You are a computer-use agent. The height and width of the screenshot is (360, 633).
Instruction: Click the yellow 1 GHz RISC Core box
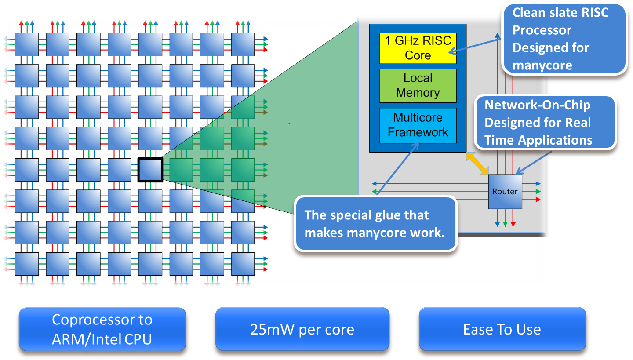click(x=418, y=48)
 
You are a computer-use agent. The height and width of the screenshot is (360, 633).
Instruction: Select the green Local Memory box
click(x=418, y=86)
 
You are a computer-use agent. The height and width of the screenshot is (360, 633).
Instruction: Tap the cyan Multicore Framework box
click(x=418, y=125)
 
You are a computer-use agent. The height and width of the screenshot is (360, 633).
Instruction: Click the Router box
click(x=505, y=192)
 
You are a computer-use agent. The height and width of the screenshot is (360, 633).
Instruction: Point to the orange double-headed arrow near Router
click(x=477, y=164)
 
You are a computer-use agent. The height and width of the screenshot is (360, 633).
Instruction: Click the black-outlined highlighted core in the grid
click(x=150, y=170)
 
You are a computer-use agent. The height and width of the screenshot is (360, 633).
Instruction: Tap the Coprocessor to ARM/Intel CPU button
click(x=102, y=329)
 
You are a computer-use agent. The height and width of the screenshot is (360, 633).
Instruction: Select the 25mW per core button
click(x=302, y=329)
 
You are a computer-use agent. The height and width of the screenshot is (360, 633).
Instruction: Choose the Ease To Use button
click(x=502, y=329)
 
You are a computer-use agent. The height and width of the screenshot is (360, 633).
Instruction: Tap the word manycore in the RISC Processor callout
click(x=542, y=65)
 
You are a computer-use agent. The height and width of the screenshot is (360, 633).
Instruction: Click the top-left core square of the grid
click(x=26, y=44)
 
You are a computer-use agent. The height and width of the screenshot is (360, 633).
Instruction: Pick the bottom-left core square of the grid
click(x=26, y=264)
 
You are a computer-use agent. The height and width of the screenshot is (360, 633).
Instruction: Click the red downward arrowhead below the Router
click(x=513, y=224)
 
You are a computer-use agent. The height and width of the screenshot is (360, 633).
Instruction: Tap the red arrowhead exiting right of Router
click(x=538, y=200)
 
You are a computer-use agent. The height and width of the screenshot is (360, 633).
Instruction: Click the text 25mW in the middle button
click(x=272, y=330)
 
